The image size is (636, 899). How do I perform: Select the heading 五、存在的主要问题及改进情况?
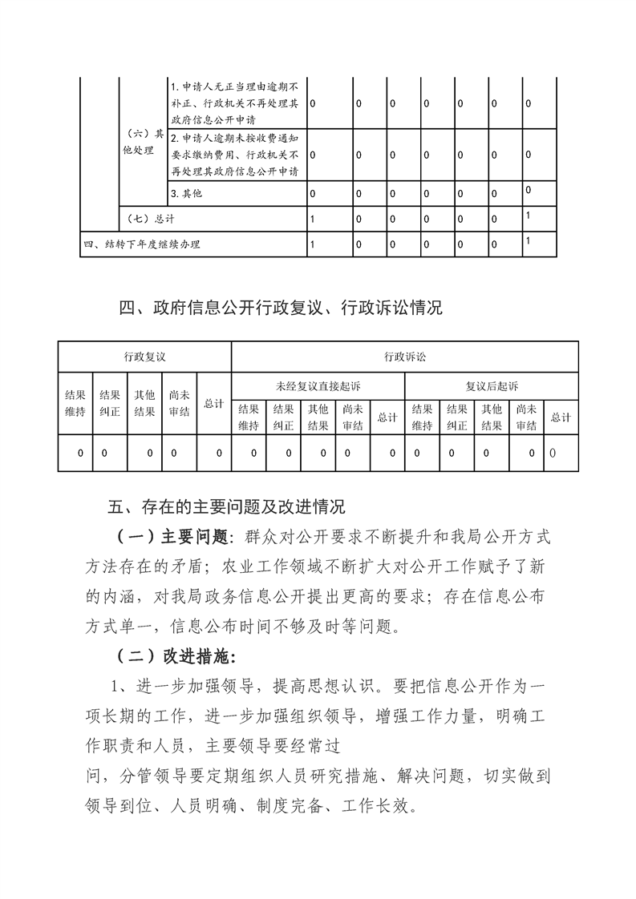pos(226,506)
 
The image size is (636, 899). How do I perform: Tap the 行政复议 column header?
pos(144,357)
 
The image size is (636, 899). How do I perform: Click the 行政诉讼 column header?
pos(404,357)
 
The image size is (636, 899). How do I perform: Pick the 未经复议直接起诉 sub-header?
pos(318,386)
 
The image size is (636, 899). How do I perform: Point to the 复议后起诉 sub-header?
pos(492,386)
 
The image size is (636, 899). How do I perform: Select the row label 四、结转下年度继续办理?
pos(142,244)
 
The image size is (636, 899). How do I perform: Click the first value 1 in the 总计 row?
pos(312,218)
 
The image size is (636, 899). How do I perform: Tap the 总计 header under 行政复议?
pos(213,404)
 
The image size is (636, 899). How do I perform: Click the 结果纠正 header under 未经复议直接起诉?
pos(283,417)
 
